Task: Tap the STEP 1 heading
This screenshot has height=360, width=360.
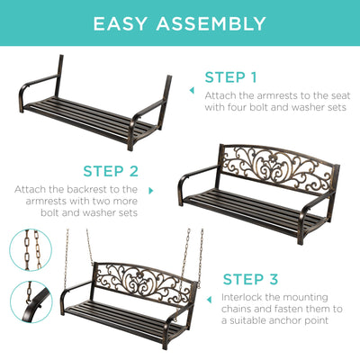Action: click(x=230, y=77)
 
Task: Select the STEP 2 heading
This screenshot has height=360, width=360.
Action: click(x=111, y=171)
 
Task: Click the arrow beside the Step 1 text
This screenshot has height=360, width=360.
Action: click(x=192, y=90)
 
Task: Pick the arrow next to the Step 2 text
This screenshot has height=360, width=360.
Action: click(x=150, y=191)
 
